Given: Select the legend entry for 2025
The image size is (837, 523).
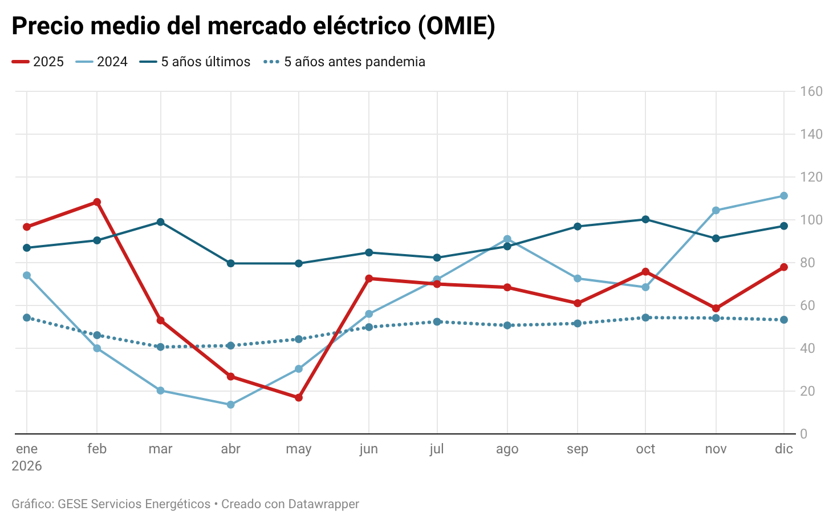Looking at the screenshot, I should click(x=48, y=62).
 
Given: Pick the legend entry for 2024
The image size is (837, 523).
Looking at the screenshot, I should click(x=112, y=62).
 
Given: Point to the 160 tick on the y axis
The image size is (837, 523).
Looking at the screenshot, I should click(x=811, y=91).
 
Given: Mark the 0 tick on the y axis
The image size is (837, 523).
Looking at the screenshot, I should click(x=804, y=434).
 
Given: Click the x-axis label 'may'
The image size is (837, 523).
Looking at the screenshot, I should click(x=298, y=449).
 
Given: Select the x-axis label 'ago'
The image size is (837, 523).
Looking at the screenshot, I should click(x=507, y=449).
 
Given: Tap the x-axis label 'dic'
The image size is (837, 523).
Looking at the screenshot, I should click(x=783, y=449).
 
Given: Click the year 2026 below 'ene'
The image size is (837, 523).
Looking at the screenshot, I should click(x=27, y=466).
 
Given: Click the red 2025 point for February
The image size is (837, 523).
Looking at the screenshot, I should click(x=97, y=202).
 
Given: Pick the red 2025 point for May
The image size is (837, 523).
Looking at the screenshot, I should click(x=299, y=397).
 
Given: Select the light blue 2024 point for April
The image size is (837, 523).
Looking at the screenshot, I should click(x=231, y=405).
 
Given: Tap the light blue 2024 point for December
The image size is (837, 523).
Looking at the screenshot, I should click(x=784, y=196).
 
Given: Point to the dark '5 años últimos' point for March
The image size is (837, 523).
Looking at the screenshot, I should click(x=161, y=222).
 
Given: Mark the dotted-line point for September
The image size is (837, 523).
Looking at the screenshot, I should click(x=578, y=323).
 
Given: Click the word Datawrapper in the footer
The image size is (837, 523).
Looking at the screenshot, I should click(x=324, y=504).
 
